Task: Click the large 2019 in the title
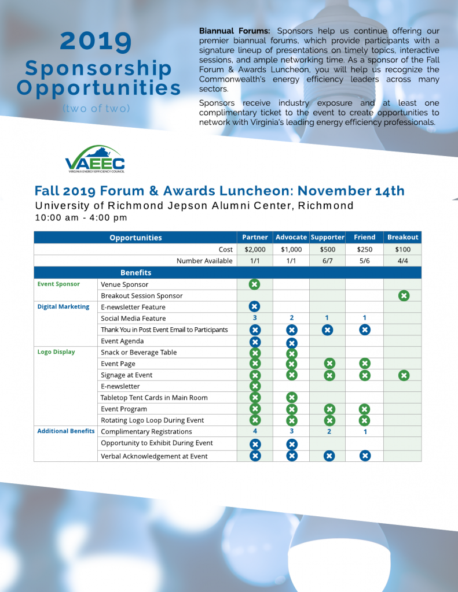click(x=96, y=41)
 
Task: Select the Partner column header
click(x=255, y=237)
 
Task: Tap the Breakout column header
click(x=402, y=237)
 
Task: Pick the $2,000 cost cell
click(x=255, y=249)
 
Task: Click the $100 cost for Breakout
click(x=402, y=249)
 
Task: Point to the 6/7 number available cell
click(x=327, y=261)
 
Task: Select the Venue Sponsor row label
click(x=124, y=284)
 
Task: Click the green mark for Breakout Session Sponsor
click(x=404, y=295)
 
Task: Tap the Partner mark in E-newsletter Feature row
click(x=255, y=307)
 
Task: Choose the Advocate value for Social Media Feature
click(x=291, y=318)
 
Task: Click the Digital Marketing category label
click(x=63, y=307)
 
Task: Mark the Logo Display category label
click(x=56, y=352)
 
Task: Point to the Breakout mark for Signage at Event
click(x=404, y=375)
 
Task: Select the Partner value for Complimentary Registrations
click(x=255, y=431)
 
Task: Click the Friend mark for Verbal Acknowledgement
click(x=365, y=456)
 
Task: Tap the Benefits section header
click(x=135, y=272)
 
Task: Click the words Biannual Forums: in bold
click(x=235, y=31)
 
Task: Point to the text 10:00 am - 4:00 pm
click(x=81, y=218)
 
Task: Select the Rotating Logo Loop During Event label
click(x=152, y=420)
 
